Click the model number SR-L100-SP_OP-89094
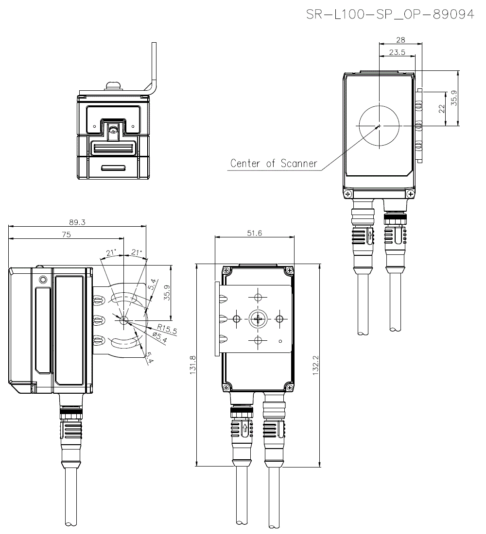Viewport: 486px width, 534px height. click(x=390, y=15)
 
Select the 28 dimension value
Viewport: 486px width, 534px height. click(x=400, y=40)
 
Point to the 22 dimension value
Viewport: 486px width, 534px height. click(x=442, y=109)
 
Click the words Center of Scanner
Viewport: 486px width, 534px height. click(x=274, y=163)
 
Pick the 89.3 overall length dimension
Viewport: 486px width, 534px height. click(x=77, y=222)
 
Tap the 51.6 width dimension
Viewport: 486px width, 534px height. click(x=254, y=234)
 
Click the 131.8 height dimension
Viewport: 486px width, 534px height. click(x=192, y=365)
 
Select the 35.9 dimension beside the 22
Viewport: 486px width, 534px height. click(x=454, y=98)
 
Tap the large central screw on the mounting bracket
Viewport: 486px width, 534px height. click(x=258, y=318)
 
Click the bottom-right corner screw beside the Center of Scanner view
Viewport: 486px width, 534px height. click(x=411, y=194)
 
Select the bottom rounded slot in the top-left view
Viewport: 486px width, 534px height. click(x=113, y=168)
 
